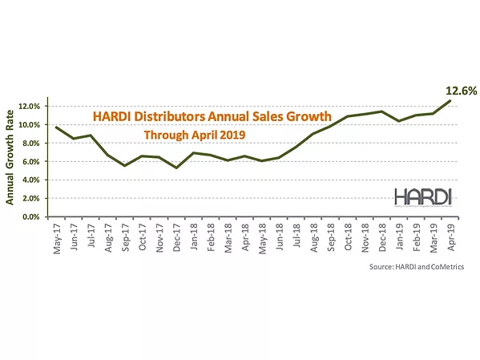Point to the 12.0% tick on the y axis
31,106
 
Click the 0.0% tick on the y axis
33,216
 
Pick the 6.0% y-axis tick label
33,161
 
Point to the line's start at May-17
57,127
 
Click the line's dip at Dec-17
176,168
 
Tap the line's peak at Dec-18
381,111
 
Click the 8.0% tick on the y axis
33,143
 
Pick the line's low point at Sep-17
125,166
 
